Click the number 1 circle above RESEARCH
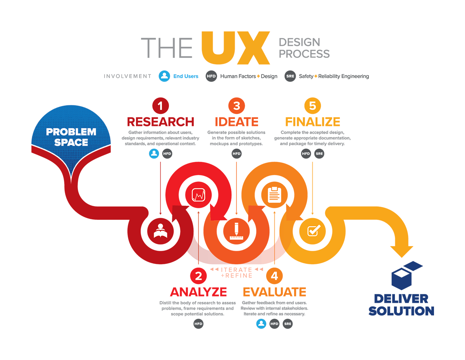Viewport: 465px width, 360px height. point(160,105)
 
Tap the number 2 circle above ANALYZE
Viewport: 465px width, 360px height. point(198,276)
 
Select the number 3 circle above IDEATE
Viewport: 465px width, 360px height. point(236,105)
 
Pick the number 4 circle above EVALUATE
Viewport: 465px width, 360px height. point(274,276)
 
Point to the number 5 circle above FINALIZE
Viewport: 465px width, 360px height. point(312,105)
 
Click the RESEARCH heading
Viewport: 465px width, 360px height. point(160,122)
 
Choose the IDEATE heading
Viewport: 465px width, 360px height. point(236,122)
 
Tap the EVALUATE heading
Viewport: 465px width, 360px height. point(274,291)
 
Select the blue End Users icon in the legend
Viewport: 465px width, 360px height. point(164,76)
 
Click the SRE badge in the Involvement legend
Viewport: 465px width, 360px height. point(290,76)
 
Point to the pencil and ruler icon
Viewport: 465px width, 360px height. point(236,231)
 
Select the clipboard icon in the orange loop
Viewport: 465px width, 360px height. point(274,195)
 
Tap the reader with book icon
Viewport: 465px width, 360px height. point(160,231)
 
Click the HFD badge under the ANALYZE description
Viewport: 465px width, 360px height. point(198,324)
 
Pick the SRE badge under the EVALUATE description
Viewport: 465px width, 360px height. point(288,324)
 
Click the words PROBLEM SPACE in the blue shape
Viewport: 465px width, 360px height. point(71,137)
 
